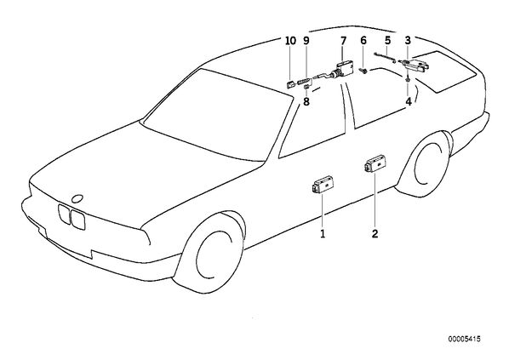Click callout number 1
(323, 233)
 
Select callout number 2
(375, 233)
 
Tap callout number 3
(408, 41)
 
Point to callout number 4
(409, 101)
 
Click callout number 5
(387, 41)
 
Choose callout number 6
(363, 41)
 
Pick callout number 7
(343, 41)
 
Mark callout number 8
(306, 101)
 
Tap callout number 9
(306, 41)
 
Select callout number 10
(290, 41)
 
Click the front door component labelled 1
(323, 186)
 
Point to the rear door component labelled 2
(376, 165)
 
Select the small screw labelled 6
(363, 71)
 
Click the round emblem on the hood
(77, 198)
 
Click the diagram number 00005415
(464, 340)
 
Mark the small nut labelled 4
(408, 79)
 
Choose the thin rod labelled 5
(385, 57)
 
